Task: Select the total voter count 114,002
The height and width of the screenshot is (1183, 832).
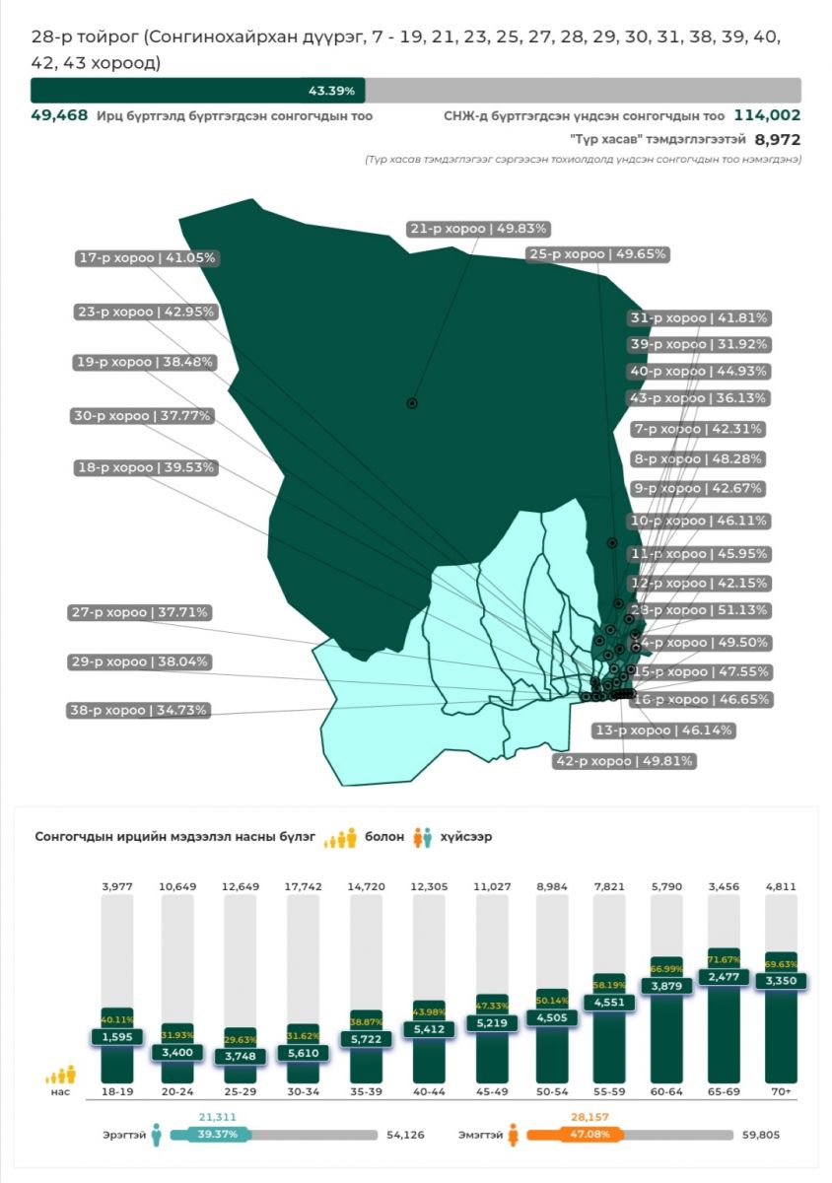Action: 767,115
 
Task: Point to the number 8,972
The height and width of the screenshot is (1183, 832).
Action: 778,140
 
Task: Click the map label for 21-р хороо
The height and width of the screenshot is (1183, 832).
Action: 478,229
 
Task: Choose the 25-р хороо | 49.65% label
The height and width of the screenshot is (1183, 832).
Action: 597,254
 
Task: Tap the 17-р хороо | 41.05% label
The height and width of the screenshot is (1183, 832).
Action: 147,258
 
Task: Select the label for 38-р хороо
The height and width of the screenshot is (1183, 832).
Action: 139,710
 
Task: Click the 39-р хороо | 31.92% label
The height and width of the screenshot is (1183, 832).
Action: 699,345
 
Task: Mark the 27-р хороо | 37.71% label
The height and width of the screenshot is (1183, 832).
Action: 139,612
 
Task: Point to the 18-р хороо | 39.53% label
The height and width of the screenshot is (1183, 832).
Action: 147,467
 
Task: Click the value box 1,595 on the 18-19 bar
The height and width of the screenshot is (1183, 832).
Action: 117,1037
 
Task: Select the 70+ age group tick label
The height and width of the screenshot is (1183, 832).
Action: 784,1093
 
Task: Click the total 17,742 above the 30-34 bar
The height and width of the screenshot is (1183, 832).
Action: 306,887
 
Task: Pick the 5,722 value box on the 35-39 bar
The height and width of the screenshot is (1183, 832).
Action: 369,1039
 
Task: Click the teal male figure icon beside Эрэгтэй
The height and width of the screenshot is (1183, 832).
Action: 156,1136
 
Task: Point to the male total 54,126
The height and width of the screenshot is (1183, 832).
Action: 405,1136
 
